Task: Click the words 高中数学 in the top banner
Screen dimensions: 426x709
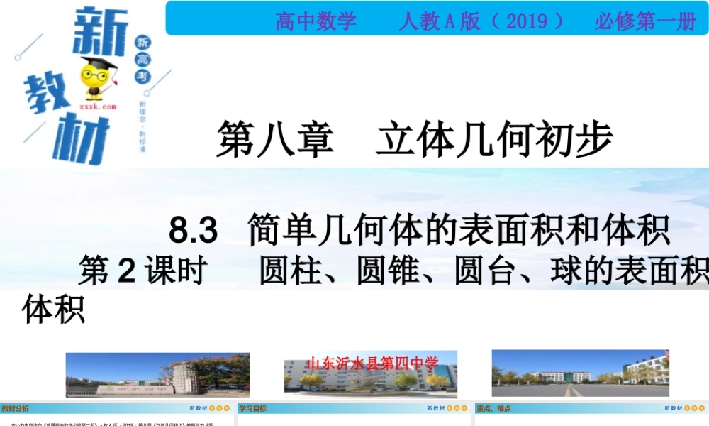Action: [x=316, y=21]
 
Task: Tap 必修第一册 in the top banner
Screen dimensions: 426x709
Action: [x=644, y=21]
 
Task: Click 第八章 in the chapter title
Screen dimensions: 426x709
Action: [x=274, y=138]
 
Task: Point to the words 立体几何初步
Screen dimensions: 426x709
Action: [x=494, y=138]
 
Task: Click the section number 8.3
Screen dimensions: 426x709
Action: [x=193, y=231]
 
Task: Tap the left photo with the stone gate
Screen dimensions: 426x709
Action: [x=157, y=373]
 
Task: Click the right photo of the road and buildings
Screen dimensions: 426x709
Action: [x=580, y=373]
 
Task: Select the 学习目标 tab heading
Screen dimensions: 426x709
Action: [x=252, y=409]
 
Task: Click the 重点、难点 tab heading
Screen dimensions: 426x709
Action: [x=493, y=409]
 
